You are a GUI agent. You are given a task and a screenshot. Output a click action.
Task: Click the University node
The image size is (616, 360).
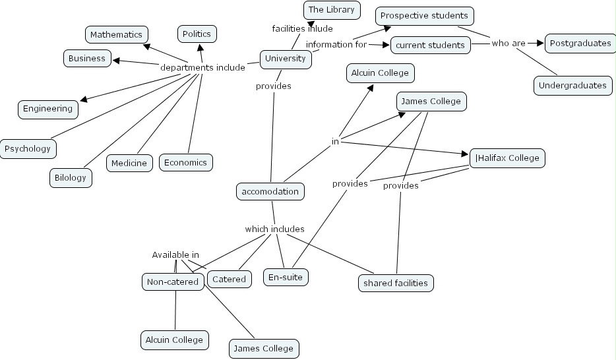285,59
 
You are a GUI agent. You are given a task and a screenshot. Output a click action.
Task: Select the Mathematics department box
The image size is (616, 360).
116,34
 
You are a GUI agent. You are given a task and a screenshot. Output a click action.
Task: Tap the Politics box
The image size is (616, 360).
197,34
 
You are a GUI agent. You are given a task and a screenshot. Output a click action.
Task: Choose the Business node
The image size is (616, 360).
87,58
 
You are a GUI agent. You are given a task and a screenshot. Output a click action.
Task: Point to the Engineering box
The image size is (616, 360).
47,109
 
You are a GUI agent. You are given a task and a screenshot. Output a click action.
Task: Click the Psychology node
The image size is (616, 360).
28,148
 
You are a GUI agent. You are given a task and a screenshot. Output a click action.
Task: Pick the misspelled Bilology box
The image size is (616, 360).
70,178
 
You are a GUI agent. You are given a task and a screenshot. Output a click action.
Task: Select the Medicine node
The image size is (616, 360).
129,163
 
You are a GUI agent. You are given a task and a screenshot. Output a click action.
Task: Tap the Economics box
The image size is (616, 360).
185,162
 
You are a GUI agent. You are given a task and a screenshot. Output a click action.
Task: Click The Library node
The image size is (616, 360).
331,10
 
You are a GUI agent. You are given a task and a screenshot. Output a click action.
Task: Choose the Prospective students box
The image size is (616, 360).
424,15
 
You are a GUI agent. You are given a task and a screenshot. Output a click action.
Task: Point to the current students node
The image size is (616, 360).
431,45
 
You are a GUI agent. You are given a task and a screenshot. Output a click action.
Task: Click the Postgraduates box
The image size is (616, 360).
580,44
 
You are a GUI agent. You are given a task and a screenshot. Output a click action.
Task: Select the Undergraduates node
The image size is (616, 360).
572,85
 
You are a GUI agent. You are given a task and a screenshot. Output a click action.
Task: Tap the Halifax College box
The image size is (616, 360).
507,158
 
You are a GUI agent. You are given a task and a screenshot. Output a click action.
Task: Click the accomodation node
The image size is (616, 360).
270,192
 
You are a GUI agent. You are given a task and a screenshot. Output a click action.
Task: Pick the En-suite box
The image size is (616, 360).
286,277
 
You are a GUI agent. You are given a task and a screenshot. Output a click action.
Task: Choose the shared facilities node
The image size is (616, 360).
396,283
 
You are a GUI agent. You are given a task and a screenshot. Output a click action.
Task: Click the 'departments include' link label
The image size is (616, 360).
202,67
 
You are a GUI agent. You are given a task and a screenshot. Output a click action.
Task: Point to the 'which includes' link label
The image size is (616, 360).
274,229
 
